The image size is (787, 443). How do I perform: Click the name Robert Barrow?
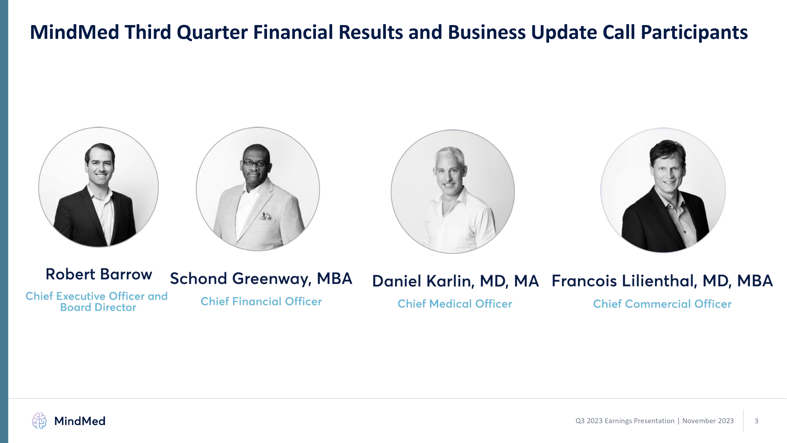99,274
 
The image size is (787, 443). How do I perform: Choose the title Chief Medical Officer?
455,304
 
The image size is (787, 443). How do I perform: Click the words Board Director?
98,307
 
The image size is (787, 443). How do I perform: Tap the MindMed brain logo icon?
39,421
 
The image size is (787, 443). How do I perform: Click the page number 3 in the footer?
756,421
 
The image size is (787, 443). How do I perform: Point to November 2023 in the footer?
708,421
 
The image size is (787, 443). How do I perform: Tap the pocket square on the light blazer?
266,216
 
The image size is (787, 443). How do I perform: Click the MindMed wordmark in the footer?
80,421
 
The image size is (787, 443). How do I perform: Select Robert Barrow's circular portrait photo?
98,187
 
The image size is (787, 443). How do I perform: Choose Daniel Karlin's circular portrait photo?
453,192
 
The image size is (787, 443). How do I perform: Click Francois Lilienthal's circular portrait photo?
663,190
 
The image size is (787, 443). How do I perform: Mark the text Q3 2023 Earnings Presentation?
625,421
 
